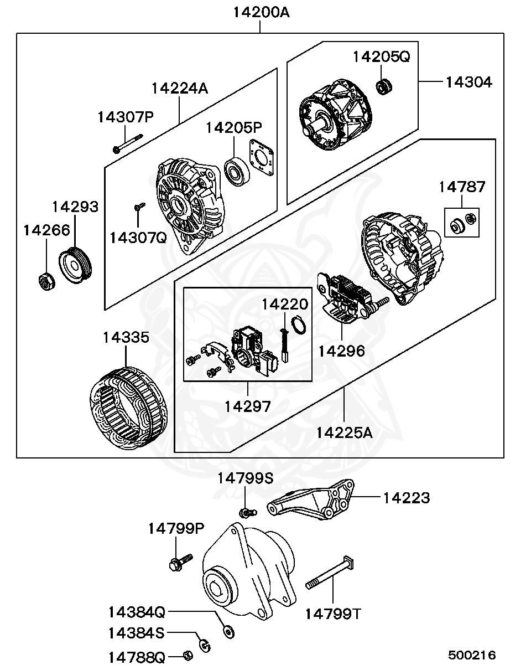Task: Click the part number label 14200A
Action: pyautogui.click(x=260, y=12)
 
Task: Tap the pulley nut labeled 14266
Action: pyautogui.click(x=46, y=281)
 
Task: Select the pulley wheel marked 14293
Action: pyautogui.click(x=76, y=267)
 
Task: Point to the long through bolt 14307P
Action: pyautogui.click(x=128, y=142)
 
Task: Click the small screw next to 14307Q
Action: pyautogui.click(x=138, y=207)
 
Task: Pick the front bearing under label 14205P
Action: pyautogui.click(x=238, y=171)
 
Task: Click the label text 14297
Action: pyautogui.click(x=248, y=406)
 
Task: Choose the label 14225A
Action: pyautogui.click(x=345, y=432)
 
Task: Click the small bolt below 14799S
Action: pyautogui.click(x=247, y=511)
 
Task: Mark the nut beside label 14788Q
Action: pyautogui.click(x=188, y=656)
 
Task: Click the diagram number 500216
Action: pyautogui.click(x=472, y=655)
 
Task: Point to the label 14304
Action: pyautogui.click(x=468, y=82)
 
